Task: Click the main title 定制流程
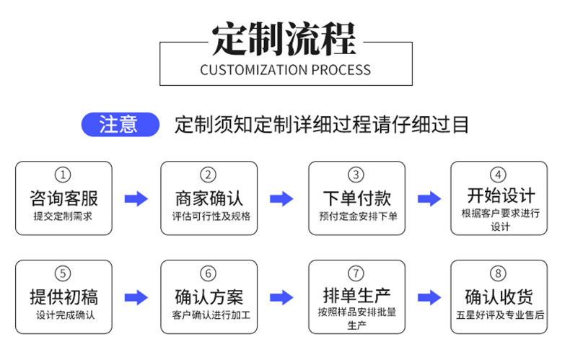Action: [284, 40]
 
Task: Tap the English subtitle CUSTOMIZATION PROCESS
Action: [285, 71]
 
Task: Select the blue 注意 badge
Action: [119, 124]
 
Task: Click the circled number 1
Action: [63, 175]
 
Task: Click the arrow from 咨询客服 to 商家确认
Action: [136, 199]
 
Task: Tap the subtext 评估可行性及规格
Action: [209, 216]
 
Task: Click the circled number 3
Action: [356, 175]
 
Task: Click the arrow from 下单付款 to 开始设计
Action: [429, 199]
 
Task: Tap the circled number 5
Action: [63, 274]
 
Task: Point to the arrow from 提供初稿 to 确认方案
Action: [136, 297]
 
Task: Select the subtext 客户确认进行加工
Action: [209, 315]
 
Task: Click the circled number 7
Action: [356, 273]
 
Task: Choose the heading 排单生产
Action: [356, 295]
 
